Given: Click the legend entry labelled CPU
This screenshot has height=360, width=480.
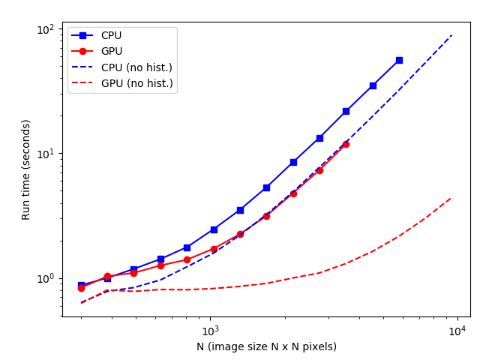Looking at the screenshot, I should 111,36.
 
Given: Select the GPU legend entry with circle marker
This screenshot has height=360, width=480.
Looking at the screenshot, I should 111,52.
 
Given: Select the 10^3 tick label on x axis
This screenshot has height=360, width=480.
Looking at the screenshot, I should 210,331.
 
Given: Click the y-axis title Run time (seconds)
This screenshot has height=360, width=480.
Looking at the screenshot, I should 26,169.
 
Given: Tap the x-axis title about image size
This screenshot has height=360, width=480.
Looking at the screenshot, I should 266,346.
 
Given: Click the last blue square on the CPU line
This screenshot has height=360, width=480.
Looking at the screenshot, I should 399,60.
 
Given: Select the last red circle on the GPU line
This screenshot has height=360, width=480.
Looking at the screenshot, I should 346,144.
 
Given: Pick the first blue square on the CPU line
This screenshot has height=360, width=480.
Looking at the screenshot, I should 81,286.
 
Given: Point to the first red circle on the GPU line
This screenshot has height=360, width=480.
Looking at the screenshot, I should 81,288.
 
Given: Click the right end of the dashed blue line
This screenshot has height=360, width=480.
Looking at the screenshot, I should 451,35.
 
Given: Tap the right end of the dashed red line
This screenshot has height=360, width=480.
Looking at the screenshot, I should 451,198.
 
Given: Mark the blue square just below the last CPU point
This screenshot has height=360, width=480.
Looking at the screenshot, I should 373,85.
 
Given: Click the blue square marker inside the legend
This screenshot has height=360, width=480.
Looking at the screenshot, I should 84,36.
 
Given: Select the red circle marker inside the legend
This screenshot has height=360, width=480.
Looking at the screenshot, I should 84,52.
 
